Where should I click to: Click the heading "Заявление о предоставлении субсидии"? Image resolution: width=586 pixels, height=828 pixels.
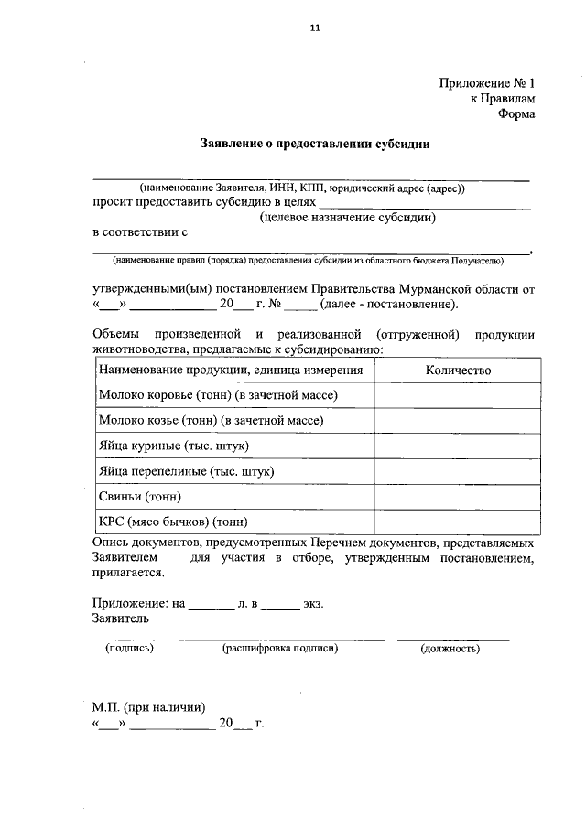[x=315, y=144]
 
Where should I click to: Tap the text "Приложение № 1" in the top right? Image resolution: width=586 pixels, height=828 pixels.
[x=485, y=82]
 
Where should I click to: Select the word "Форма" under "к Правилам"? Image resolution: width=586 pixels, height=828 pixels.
[x=515, y=114]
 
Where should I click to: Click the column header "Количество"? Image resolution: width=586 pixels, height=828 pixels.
[x=458, y=371]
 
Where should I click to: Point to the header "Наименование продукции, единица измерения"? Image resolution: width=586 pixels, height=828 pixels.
[x=232, y=371]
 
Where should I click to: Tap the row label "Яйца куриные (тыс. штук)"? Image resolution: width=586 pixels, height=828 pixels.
[x=174, y=446]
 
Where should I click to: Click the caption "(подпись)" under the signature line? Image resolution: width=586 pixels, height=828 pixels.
[x=130, y=649]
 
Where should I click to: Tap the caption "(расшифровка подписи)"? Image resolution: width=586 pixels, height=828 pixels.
[x=280, y=649]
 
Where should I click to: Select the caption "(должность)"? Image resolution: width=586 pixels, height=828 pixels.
[x=450, y=649]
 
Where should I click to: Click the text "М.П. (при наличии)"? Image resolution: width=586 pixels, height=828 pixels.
[x=148, y=707]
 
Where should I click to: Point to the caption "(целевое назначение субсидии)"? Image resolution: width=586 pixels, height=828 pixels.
[x=346, y=218]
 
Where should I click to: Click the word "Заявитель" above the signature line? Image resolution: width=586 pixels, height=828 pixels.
[x=121, y=619]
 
